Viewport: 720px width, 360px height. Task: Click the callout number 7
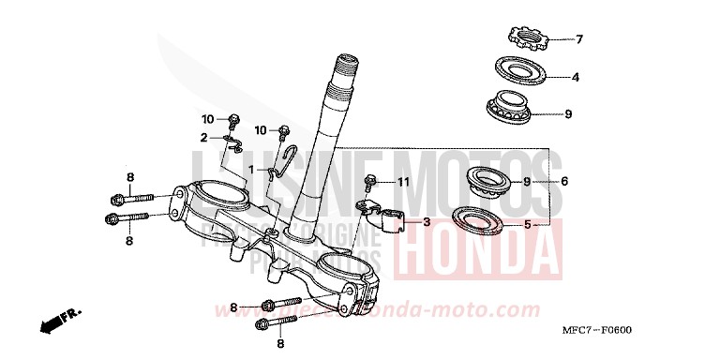click(578, 39)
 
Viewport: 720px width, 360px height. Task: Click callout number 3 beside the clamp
click(426, 222)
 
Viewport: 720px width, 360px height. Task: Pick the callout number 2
click(202, 137)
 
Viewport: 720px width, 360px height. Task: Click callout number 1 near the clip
click(224, 169)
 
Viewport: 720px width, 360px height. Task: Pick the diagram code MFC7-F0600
click(649, 331)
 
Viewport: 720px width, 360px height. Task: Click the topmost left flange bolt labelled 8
click(128, 198)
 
